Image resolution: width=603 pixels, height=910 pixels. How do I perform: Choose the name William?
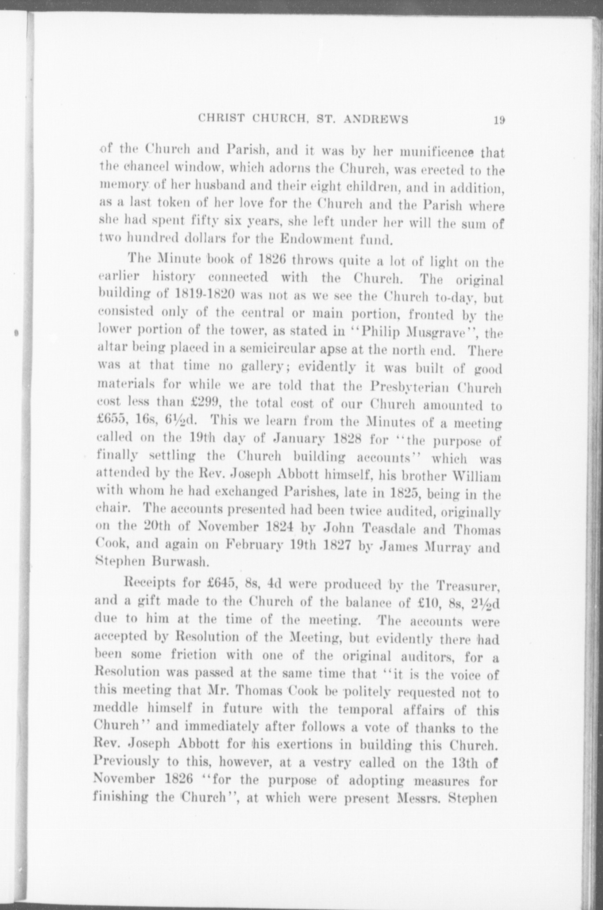coord(477,477)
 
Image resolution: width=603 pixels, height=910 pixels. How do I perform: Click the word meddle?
coord(112,709)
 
